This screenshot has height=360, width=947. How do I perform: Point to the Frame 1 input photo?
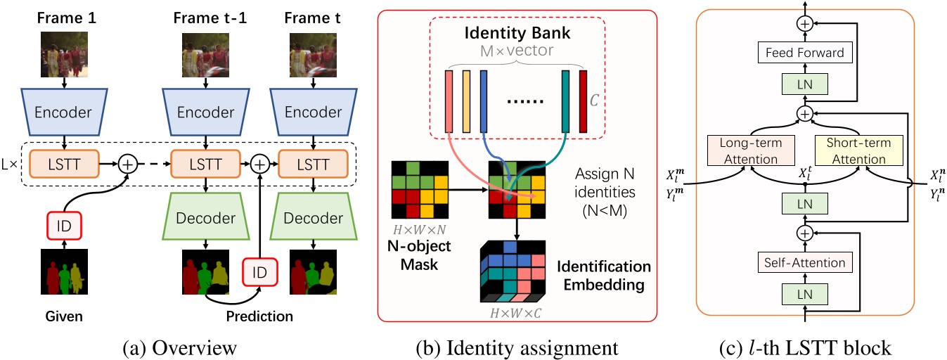click(65, 53)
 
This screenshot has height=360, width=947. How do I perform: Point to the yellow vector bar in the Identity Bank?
click(466, 101)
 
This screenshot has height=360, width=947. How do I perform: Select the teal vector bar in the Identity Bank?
click(565, 101)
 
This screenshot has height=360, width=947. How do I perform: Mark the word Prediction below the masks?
click(259, 316)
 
